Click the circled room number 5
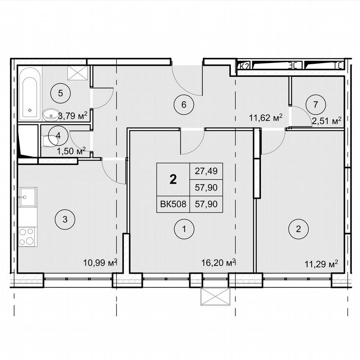60,93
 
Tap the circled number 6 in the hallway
183,105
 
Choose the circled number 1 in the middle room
184,228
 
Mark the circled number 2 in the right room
298,228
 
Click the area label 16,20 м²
218,262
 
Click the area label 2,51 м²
326,121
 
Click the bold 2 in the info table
173,179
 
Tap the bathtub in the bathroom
30,93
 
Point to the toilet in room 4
47,142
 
